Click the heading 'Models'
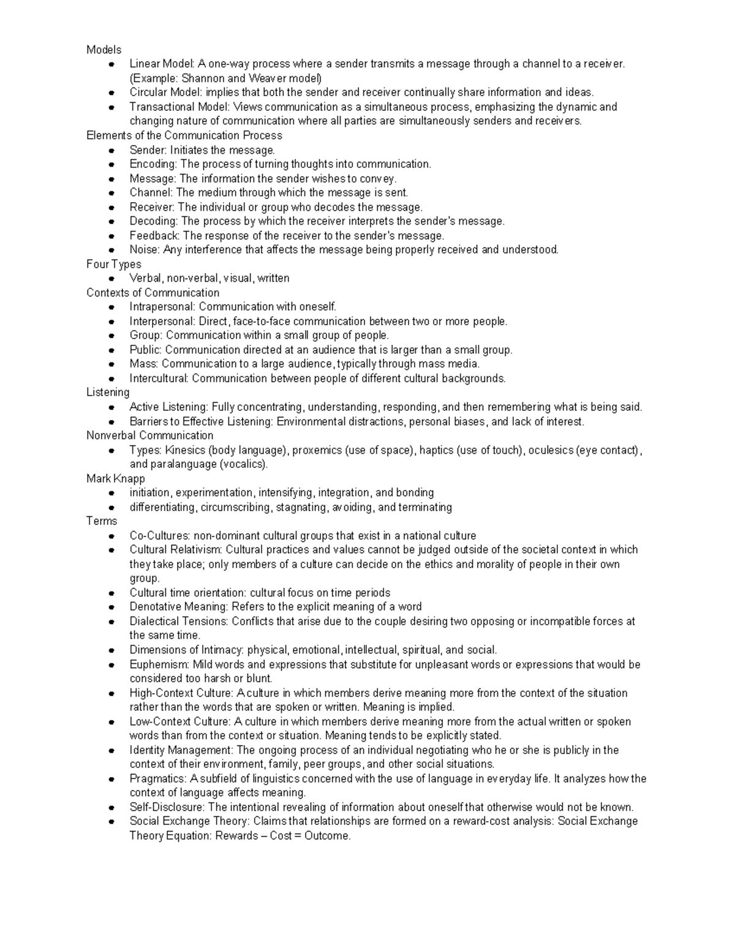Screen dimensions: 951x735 (104, 50)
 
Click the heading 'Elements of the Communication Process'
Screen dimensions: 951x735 (184, 135)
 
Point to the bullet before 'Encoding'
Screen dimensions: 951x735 (111, 165)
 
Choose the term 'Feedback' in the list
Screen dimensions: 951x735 (154, 236)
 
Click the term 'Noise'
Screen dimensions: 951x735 (143, 250)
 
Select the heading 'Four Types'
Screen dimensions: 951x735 (114, 264)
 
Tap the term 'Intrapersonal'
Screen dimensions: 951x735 (162, 307)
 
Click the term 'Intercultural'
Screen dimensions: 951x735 (158, 378)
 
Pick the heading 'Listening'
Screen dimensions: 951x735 (108, 393)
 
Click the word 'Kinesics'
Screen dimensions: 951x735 (186, 450)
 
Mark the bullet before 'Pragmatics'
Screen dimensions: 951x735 (111, 780)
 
